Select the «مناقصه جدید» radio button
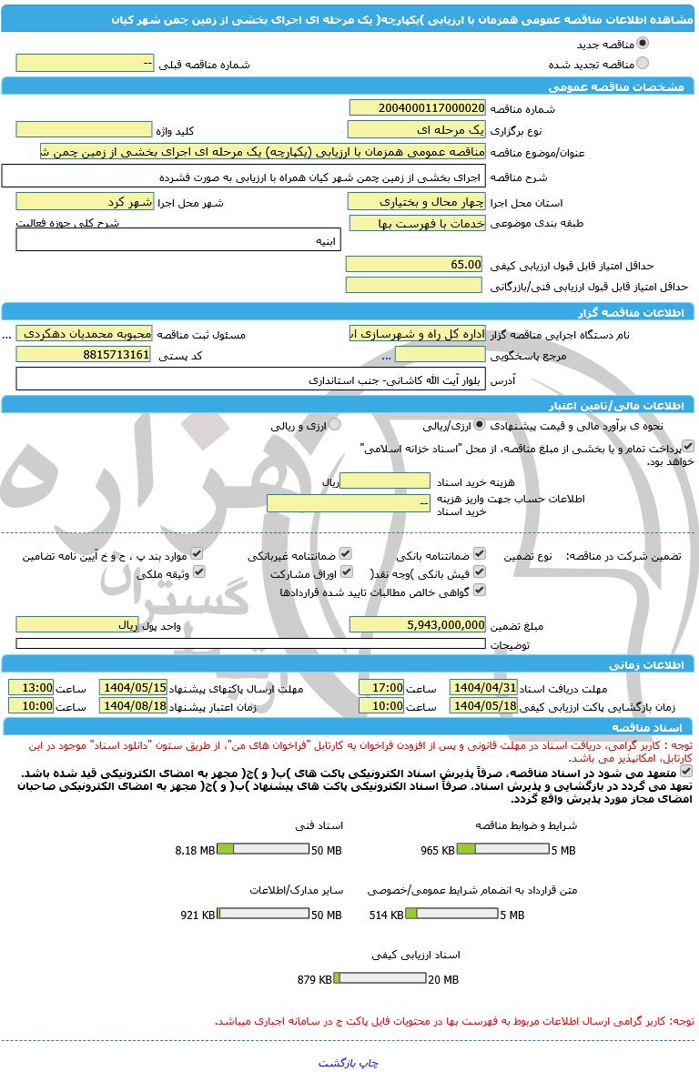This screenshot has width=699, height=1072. click(643, 43)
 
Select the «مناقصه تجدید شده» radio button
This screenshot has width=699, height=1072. click(643, 64)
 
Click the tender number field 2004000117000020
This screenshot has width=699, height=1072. click(417, 107)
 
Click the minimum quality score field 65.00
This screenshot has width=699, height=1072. click(414, 264)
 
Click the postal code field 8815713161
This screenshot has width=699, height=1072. click(84, 354)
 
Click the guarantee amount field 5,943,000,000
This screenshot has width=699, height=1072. click(417, 624)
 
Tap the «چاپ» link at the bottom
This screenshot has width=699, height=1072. click(368, 1062)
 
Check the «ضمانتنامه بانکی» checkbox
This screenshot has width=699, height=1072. click(480, 553)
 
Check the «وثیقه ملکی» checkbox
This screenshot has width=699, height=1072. click(198, 572)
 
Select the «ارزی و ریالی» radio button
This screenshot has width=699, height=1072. click(335, 424)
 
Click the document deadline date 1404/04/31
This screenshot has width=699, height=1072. click(483, 688)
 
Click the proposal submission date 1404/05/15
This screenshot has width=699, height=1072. click(133, 688)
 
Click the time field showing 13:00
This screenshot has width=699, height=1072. click(31, 688)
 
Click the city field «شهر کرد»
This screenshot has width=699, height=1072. click(84, 201)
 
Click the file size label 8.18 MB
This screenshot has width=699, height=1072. click(194, 850)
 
